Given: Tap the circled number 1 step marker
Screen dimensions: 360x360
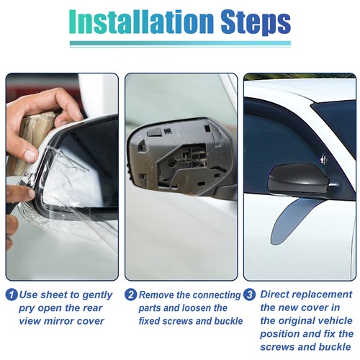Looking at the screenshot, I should click(x=12, y=295).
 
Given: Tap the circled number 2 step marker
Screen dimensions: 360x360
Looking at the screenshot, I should click(x=130, y=295).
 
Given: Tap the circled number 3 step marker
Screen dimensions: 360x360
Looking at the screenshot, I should click(x=248, y=295).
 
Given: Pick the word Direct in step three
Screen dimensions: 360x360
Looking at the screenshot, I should click(x=277, y=295).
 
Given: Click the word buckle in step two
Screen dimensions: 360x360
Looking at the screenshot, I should click(x=214, y=321).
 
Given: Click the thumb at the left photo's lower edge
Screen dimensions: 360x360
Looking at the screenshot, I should click(x=18, y=193).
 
